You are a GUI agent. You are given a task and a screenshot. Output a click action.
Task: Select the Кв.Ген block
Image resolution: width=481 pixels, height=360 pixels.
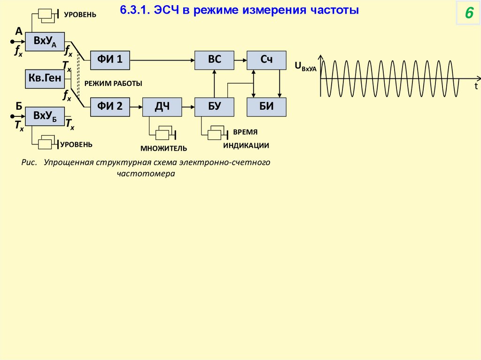[45, 79]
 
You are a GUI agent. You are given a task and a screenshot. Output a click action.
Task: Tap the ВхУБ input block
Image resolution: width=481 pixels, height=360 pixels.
[45, 116]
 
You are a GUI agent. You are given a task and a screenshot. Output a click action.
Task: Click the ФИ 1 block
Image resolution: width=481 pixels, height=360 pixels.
[110, 59]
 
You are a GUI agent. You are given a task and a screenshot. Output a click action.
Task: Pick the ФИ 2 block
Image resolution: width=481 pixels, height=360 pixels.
[110, 107]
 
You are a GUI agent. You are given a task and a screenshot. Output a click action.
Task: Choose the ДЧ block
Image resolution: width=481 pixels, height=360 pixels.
[162, 107]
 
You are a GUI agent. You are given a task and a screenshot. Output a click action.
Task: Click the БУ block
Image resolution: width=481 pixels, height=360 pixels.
[214, 107]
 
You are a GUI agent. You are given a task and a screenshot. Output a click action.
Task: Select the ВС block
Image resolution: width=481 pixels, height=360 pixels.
[214, 59]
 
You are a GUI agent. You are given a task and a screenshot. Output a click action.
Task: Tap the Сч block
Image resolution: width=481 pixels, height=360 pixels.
[267, 59]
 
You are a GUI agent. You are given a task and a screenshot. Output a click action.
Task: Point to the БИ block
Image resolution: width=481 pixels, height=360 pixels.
[267, 107]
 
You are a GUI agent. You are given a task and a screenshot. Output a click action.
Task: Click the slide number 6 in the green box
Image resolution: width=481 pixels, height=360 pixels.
[468, 14]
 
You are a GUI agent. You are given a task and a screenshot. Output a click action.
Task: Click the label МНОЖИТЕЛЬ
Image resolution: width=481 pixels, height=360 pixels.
[163, 149]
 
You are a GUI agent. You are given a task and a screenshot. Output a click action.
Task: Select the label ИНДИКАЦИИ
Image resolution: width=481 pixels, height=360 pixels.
[246, 146]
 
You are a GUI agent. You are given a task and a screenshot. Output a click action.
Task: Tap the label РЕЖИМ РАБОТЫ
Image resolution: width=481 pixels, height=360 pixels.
[113, 83]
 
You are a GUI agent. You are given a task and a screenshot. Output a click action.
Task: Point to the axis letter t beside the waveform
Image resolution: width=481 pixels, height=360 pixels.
[475, 86]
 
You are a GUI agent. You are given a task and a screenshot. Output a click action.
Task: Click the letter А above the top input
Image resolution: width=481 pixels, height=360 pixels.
[19, 31]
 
